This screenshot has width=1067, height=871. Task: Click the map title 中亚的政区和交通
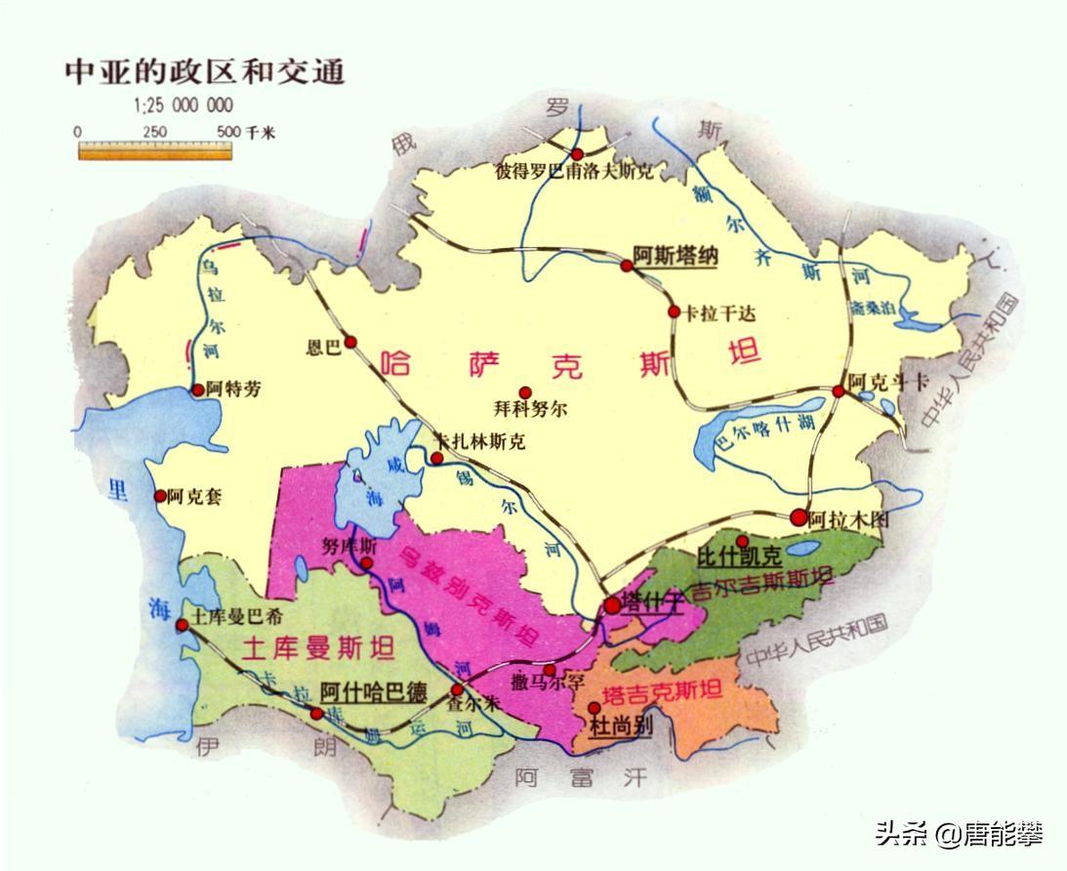pos(204,72)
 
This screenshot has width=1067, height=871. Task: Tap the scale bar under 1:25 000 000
pos(155,150)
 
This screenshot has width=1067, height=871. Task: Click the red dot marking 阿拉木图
pos(800,518)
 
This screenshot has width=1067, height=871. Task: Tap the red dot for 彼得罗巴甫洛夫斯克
pos(578,154)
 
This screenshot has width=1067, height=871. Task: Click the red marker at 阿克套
pos(160,496)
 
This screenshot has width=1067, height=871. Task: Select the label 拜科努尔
pos(530,411)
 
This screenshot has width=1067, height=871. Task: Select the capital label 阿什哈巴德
pos(374,693)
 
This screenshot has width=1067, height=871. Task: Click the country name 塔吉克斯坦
pos(664,693)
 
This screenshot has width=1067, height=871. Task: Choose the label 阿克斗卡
pos(885,382)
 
